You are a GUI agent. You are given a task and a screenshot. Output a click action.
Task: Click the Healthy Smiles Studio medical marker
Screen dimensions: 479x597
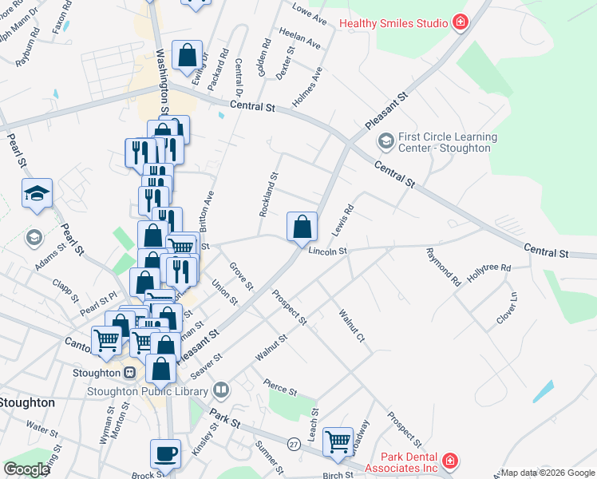pos(460,23)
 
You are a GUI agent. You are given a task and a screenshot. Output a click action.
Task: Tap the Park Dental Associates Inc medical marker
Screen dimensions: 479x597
pos(450,461)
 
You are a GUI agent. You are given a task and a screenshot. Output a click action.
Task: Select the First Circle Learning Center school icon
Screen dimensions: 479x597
pos(386,142)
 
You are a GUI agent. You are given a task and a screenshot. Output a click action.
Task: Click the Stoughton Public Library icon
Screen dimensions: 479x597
pos(221,391)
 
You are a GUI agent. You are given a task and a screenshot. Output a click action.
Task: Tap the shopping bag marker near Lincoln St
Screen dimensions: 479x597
pos(302,226)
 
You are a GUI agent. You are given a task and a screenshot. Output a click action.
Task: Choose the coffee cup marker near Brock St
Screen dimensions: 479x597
pos(166,453)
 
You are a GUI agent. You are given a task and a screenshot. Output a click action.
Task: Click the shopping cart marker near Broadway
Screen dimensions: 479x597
pos(338,440)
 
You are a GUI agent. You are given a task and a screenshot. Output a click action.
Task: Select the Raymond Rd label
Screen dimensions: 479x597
pos(444,267)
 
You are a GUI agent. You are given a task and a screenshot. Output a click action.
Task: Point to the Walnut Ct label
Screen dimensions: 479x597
pos(352,327)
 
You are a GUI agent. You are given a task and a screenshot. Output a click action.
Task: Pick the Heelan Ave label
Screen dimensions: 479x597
pos(300,39)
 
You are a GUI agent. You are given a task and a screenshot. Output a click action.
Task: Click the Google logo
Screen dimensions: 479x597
pos(26,469)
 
